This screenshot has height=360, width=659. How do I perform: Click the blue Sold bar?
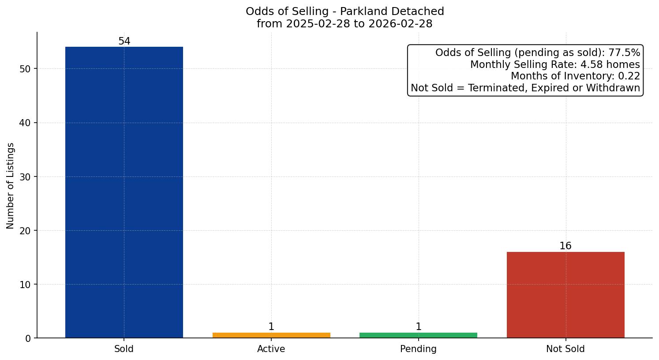pyautogui.click(x=124, y=192)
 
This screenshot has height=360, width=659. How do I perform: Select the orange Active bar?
pyautogui.click(x=271, y=335)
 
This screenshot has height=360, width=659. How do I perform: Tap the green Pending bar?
pyautogui.click(x=418, y=335)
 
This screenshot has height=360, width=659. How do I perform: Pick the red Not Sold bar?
pyautogui.click(x=565, y=295)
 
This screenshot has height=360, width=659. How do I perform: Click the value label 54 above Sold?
pyautogui.click(x=124, y=41)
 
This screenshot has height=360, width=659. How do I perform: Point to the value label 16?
pyautogui.click(x=565, y=246)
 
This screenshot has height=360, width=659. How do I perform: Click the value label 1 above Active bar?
pyautogui.click(x=271, y=327)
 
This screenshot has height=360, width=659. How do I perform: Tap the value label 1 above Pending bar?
pyautogui.click(x=418, y=327)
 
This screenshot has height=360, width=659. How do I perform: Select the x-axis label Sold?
pyautogui.click(x=124, y=349)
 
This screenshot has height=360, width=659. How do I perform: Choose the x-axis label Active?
pyautogui.click(x=271, y=349)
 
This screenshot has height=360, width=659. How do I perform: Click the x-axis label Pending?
pyautogui.click(x=418, y=349)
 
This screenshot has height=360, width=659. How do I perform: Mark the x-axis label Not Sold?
pyautogui.click(x=565, y=349)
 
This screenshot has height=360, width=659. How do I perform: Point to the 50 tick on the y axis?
pyautogui.click(x=25, y=69)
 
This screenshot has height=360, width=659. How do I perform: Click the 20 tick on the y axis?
pyautogui.click(x=25, y=231)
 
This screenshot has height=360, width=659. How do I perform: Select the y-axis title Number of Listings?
pyautogui.click(x=11, y=185)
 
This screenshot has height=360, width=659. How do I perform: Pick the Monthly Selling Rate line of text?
pyautogui.click(x=555, y=65)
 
